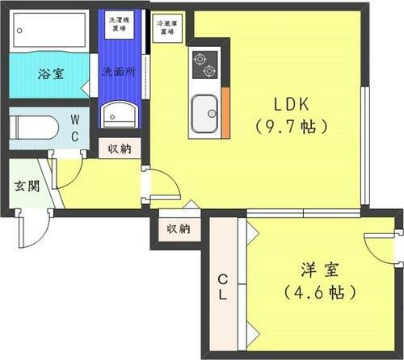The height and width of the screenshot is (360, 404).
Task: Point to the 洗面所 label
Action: click(118, 71)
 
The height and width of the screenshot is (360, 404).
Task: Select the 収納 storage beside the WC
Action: click(119, 149)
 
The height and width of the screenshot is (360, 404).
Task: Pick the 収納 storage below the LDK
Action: click(179, 229)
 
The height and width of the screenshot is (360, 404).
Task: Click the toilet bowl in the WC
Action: click(34, 128)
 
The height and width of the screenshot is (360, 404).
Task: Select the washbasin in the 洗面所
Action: click(120, 113)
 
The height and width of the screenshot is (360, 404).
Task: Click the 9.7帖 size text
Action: click(291, 126)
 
